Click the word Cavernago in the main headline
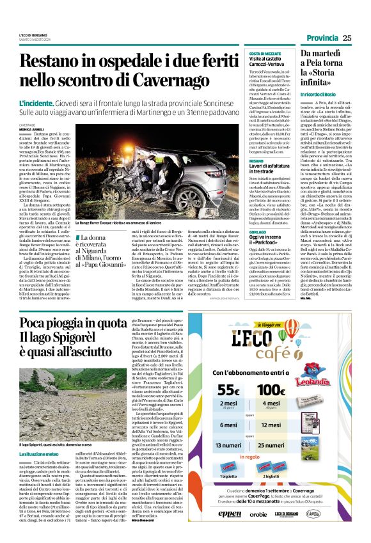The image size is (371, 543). pos(141,79)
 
